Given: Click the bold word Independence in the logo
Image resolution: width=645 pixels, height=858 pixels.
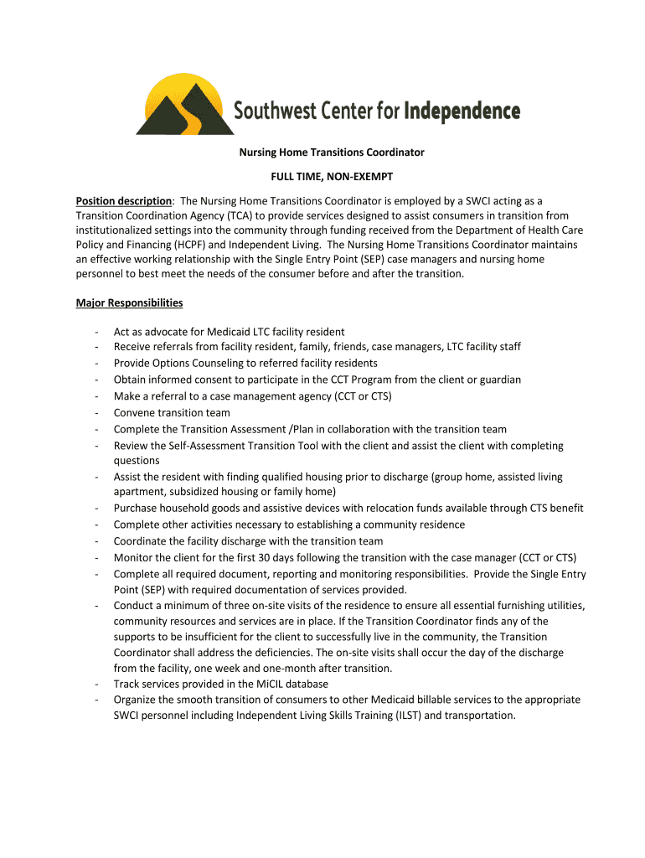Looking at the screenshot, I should click(x=462, y=111).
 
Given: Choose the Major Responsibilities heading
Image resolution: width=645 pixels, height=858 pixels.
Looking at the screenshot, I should click(x=129, y=302).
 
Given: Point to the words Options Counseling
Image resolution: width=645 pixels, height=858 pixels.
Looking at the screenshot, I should click(x=193, y=364).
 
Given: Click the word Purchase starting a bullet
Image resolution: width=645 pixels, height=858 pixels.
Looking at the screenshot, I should click(x=136, y=509).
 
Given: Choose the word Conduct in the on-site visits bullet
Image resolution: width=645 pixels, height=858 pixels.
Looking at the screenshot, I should click(x=134, y=605).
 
